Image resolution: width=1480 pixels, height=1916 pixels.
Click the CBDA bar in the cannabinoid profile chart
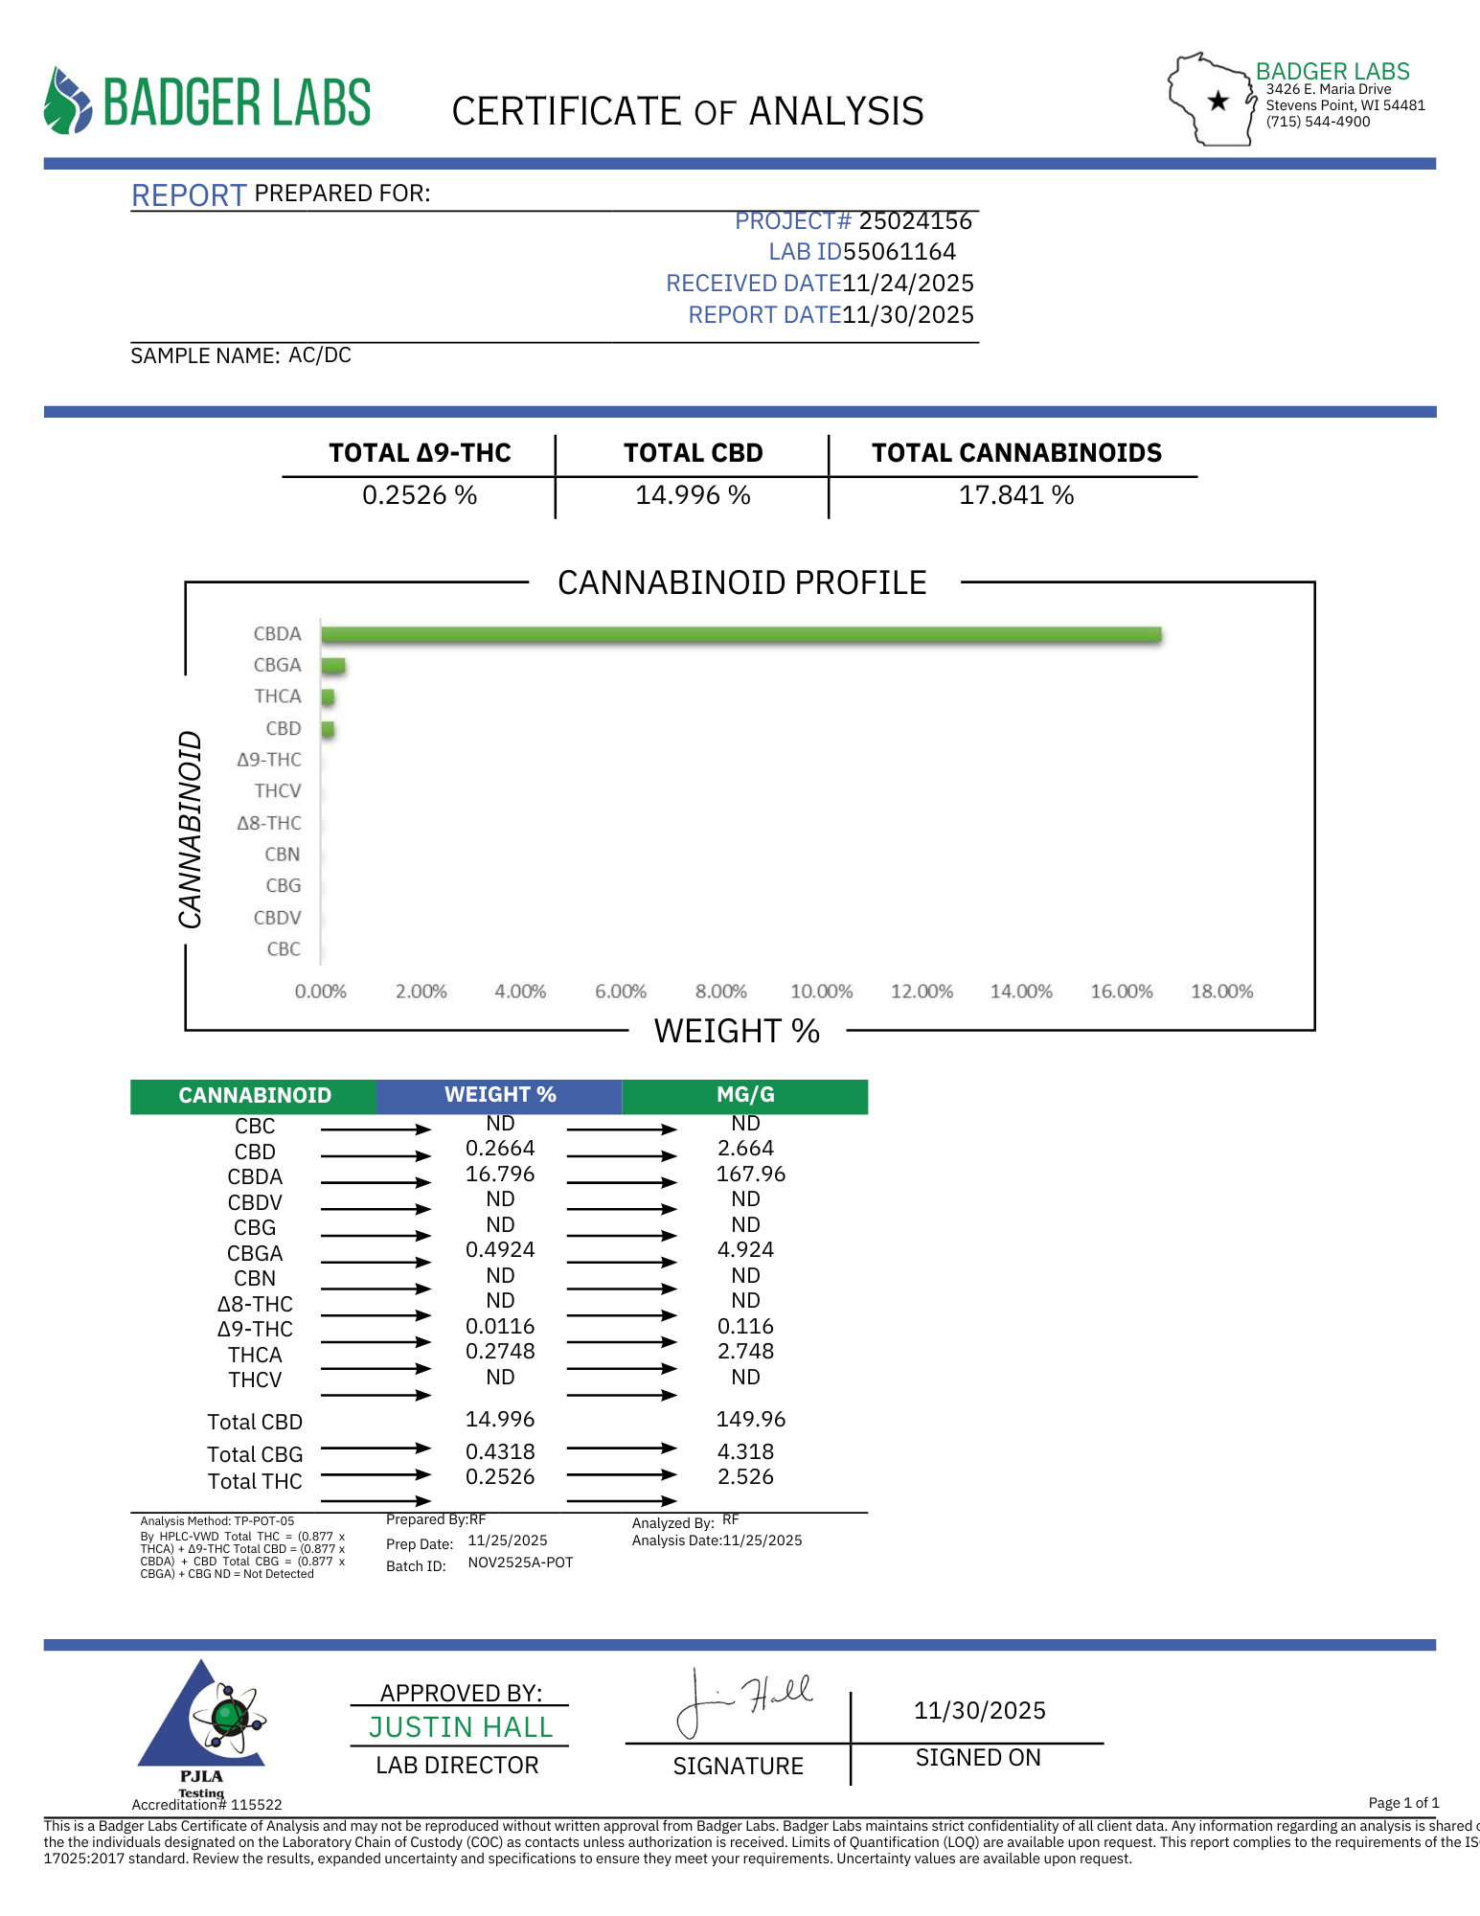pos(740,634)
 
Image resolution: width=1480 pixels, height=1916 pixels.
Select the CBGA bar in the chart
pos(333,666)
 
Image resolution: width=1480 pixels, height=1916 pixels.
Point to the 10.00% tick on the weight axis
pos(821,992)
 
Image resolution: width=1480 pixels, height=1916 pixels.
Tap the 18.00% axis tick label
pos(1221,992)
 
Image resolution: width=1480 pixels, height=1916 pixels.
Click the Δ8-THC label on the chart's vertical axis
pos(269,823)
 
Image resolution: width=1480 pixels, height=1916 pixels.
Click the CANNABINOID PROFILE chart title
pos(741,582)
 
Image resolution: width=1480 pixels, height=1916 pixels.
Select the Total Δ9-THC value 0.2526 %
pos(420,495)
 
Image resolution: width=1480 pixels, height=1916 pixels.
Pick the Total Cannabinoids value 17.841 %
pos(1016,495)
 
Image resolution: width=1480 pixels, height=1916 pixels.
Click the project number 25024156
pos(915,221)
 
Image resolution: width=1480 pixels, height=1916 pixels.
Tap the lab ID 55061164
pos(899,252)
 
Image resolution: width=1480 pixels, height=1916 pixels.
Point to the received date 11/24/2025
pos(907,284)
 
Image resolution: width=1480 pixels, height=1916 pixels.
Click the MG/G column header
pos(745,1095)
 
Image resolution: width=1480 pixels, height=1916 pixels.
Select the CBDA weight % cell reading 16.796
pos(500,1175)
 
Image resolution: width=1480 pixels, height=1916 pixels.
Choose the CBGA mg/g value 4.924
pos(745,1250)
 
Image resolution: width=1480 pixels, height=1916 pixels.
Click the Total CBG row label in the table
pos(255,1454)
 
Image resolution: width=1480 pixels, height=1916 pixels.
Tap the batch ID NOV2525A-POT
pos(520,1562)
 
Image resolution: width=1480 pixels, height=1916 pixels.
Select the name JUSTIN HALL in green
pos(461,1727)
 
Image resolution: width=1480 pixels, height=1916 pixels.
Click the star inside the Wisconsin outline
pos(1218,101)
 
